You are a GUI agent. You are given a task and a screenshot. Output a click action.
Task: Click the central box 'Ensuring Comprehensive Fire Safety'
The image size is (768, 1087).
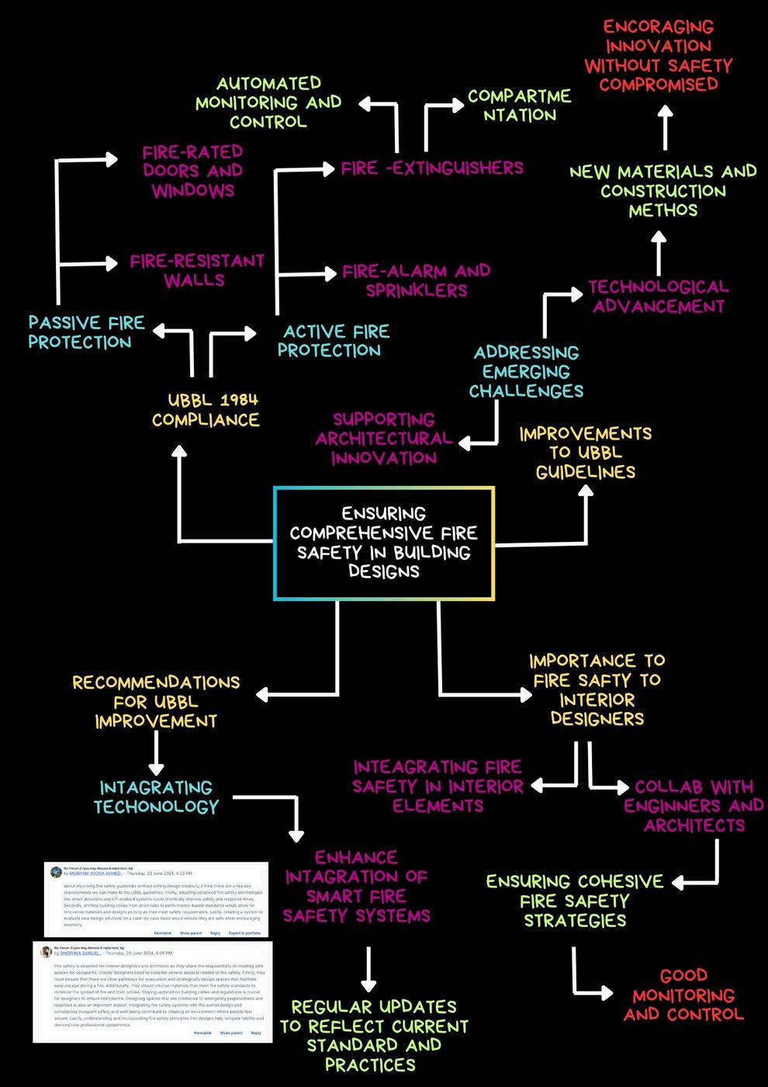pos(384,543)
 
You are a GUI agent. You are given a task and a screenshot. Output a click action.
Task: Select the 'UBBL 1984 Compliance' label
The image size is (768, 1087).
pos(206,410)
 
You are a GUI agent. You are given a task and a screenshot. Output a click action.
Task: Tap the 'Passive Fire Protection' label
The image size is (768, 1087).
pos(85,332)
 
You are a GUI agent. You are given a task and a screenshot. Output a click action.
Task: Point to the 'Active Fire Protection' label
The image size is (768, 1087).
pos(334,341)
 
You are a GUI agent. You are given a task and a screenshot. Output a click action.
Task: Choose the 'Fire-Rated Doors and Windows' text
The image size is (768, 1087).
pos(192,171)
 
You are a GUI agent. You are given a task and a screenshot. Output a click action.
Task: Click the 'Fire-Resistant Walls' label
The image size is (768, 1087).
pos(196,270)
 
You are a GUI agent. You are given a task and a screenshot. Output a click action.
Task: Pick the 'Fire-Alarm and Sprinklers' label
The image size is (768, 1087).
pos(417,280)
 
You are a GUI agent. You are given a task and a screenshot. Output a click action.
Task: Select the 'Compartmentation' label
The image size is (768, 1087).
pos(519,106)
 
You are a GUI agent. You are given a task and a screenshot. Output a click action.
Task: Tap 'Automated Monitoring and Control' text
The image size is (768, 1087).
pos(268,102)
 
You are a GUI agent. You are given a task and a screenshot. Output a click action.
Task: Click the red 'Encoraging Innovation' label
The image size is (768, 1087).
pos(658,56)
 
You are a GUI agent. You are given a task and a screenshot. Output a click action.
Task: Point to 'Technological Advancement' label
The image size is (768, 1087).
pos(658,297)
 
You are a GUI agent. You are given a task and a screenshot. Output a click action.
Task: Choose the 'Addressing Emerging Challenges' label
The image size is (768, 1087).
pos(527,372)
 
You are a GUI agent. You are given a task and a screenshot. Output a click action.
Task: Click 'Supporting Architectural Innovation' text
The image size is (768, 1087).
pos(384,439)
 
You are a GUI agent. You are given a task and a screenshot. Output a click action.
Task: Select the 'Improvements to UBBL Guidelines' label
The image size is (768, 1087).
pos(586,453)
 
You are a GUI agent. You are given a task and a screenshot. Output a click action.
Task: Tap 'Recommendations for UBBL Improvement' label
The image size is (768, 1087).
pos(156,702)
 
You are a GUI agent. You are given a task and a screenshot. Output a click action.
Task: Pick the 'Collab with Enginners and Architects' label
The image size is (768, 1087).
pos(694,806)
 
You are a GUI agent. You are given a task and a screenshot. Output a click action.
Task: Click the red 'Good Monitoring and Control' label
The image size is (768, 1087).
pos(683,995)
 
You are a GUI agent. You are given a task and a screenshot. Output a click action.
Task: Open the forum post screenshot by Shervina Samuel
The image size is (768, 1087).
pos(153,991)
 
